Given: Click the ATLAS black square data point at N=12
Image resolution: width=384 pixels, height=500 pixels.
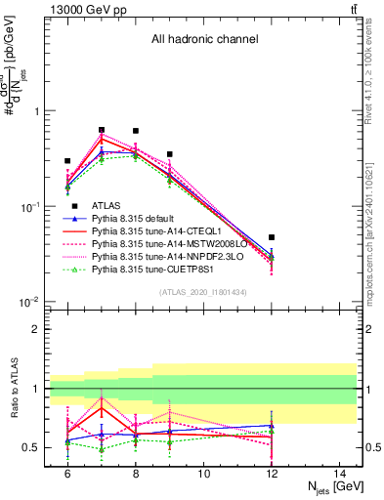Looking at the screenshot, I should click(272, 237).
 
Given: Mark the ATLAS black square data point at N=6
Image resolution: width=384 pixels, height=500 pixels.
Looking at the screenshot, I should click(67, 161).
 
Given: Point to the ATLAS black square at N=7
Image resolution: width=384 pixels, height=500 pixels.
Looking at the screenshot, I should click(102, 130).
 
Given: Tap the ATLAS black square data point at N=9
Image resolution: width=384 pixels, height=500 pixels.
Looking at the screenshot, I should click(170, 154).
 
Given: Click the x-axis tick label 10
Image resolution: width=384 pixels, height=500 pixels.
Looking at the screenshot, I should click(203, 474).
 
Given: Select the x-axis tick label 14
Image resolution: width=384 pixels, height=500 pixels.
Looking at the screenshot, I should click(340, 474).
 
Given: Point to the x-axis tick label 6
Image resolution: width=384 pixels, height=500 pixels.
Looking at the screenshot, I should click(67, 474).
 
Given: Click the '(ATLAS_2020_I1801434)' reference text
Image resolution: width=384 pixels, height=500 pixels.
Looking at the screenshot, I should click(202, 293).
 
